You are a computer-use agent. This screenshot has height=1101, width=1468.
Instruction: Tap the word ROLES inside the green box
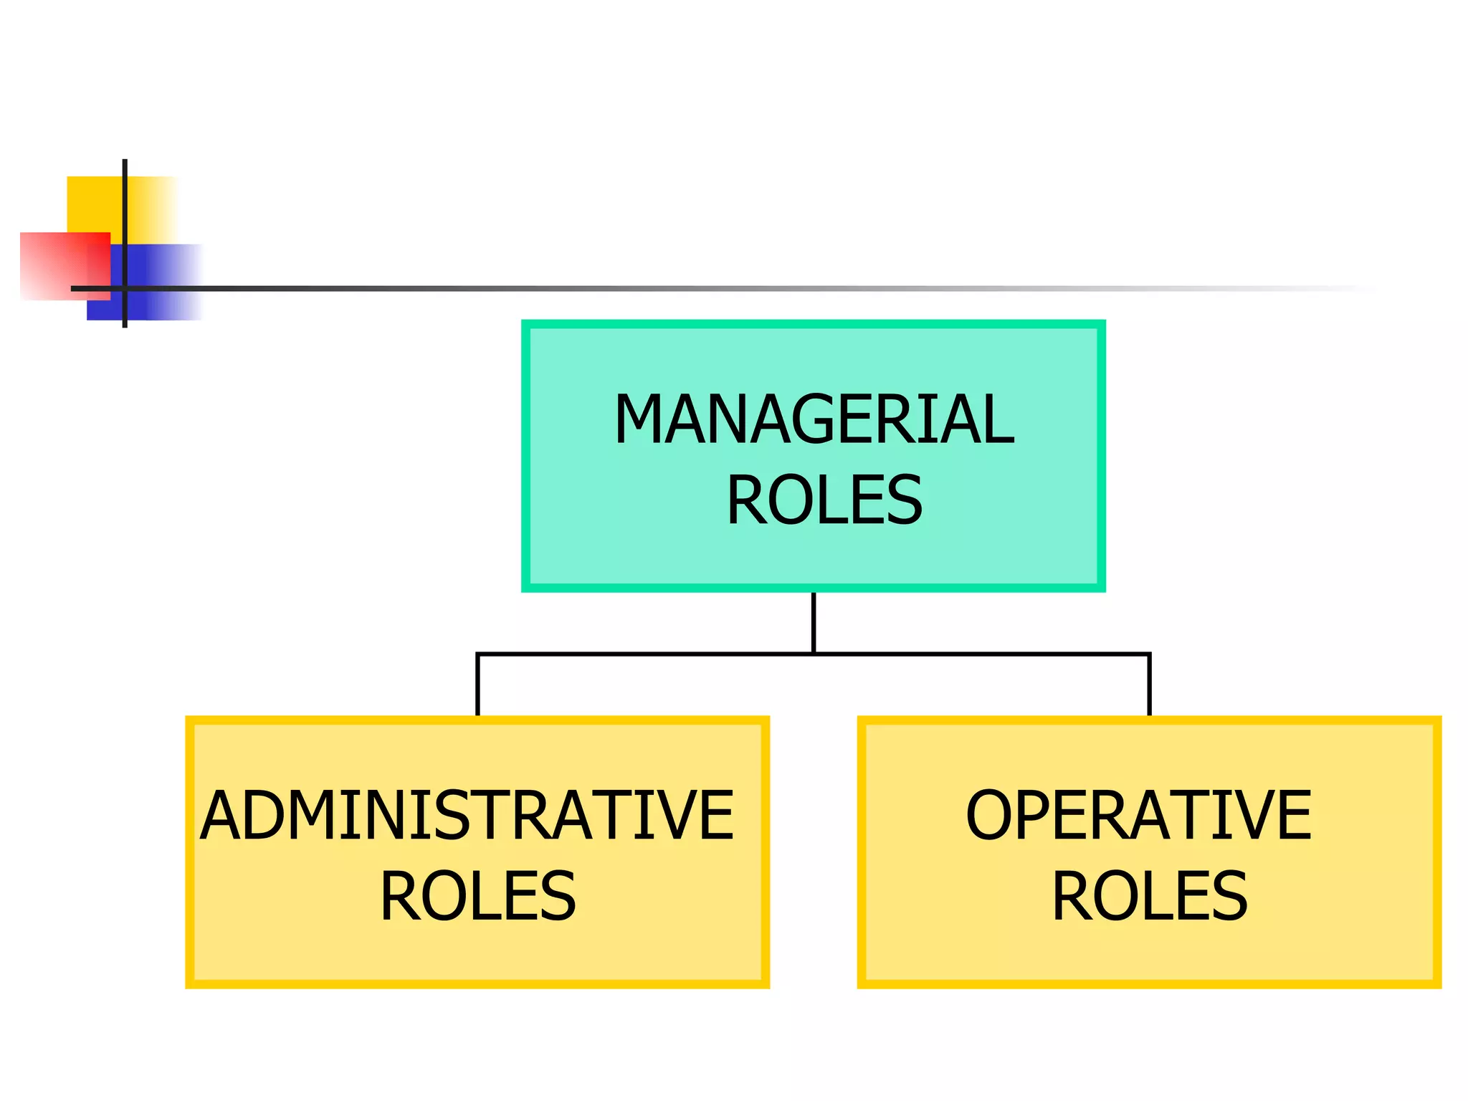pyautogui.click(x=824, y=500)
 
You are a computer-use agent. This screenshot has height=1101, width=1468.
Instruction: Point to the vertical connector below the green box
pyautogui.click(x=814, y=622)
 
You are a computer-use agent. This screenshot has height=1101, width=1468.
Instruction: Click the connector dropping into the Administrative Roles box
pyautogui.click(x=477, y=685)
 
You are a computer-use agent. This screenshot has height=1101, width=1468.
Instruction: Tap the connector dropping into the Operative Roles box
pyautogui.click(x=1149, y=685)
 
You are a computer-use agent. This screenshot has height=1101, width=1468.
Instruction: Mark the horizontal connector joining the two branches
pyautogui.click(x=645, y=654)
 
